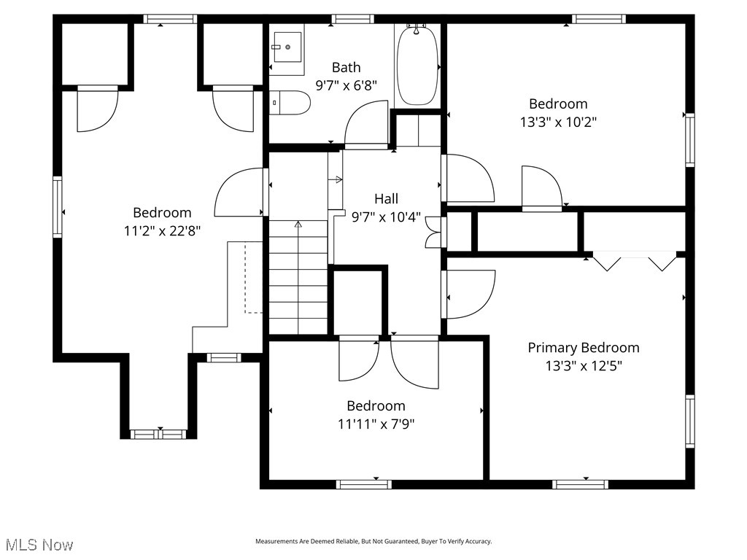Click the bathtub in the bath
click(417, 66)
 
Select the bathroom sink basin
click(287, 46)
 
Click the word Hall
click(386, 198)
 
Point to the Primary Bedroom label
click(583, 348)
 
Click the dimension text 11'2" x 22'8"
click(162, 231)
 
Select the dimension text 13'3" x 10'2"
click(558, 122)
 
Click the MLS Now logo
click(39, 545)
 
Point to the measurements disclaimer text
click(373, 542)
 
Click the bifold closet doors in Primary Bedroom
click(633, 260)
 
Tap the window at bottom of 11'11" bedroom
click(363, 483)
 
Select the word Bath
click(346, 67)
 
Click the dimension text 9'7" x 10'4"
click(386, 217)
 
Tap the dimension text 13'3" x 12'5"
click(583, 366)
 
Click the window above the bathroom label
click(353, 19)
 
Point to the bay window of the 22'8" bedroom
click(158, 435)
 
